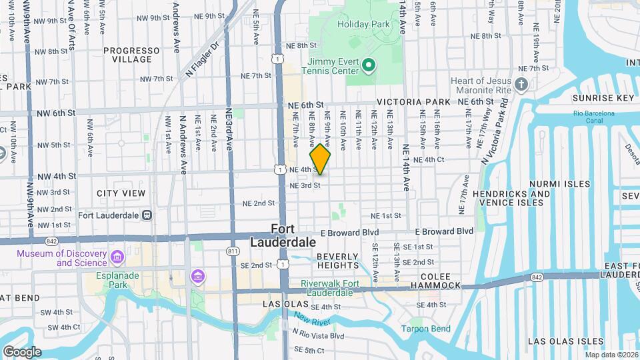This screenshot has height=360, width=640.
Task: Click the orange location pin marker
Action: [x=320, y=159]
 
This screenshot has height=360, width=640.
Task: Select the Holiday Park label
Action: [x=363, y=24]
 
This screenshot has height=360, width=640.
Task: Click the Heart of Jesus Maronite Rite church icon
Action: [x=521, y=85]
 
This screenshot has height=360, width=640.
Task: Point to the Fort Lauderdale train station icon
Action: [x=147, y=215]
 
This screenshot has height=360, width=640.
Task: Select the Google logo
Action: [x=22, y=351]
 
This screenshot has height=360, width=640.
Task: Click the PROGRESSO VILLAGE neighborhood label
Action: [x=131, y=55]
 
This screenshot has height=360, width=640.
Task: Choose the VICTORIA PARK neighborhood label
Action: [x=414, y=102]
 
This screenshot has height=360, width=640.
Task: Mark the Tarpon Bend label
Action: [x=425, y=329]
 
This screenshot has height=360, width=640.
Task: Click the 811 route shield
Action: [x=232, y=251]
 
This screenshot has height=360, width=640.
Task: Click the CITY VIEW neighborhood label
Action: [x=121, y=193]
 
